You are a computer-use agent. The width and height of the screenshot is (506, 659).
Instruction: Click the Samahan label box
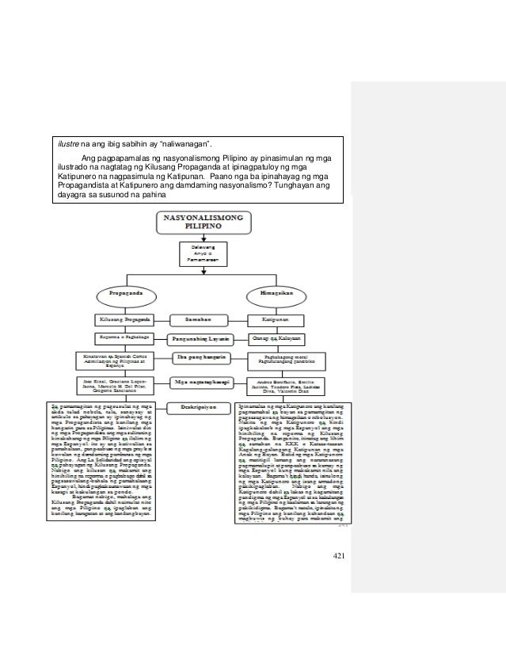click(201, 319)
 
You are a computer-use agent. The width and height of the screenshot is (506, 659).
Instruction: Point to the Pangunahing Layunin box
click(201, 338)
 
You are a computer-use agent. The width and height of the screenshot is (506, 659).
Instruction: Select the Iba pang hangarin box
click(201, 359)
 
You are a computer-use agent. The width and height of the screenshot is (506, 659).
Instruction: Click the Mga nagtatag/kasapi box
click(201, 382)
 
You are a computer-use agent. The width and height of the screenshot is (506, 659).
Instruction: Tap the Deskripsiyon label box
click(201, 407)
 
